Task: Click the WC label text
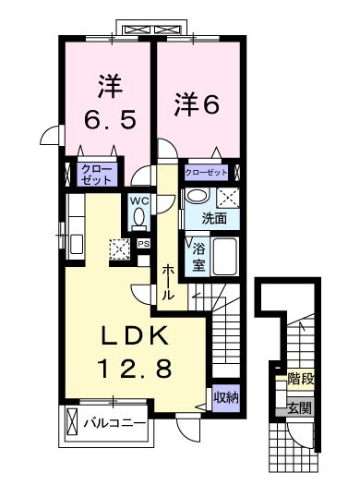coord(138,200)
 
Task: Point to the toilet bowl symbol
coord(138,219)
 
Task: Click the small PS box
coord(144,243)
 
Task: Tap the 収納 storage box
coord(225,397)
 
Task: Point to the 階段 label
coord(299,378)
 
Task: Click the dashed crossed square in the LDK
coord(118,247)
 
